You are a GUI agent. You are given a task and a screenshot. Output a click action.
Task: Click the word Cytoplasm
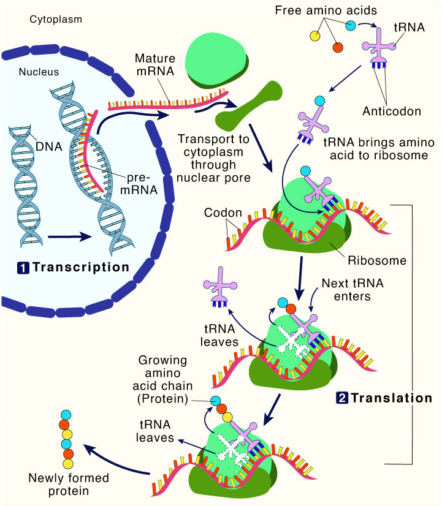pos(56,20)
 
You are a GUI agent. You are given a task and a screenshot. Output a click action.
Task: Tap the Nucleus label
pos(38,72)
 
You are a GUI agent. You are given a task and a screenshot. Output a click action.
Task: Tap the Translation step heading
pos(392,398)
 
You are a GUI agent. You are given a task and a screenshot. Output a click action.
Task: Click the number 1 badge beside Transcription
pos(22,268)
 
